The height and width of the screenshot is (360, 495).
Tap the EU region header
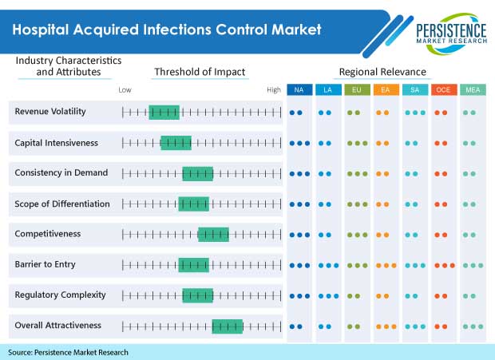(357, 89)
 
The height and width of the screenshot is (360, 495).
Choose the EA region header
(386, 89)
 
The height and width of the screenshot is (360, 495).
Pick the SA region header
(414, 89)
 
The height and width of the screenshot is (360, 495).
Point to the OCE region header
(443, 89)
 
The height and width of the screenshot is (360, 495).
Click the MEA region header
(472, 89)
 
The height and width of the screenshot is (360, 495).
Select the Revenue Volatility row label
(50, 112)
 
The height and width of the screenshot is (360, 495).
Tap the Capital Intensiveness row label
(57, 143)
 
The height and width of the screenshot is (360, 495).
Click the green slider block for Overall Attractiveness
(227, 326)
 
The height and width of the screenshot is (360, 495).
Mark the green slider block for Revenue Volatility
(164, 113)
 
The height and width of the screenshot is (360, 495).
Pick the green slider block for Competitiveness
(213, 235)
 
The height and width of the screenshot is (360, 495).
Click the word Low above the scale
(125, 90)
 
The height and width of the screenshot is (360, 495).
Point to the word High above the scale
(274, 90)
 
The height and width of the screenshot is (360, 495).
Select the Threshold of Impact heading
(200, 73)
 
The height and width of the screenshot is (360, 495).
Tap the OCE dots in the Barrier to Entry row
(445, 265)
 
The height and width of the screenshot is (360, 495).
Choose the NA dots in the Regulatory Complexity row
(299, 295)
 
